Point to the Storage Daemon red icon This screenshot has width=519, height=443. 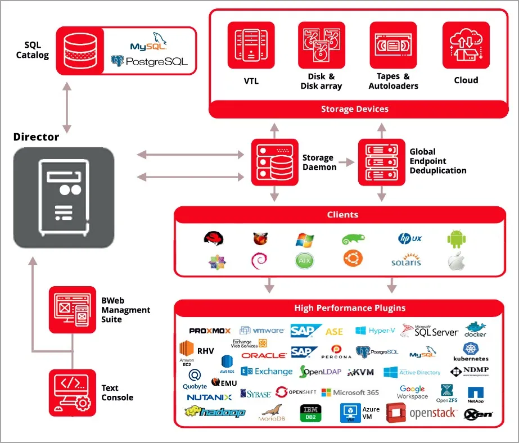point(274,162)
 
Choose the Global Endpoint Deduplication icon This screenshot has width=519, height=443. point(381,162)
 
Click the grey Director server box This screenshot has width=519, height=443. point(64,198)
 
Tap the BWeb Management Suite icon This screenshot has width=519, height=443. point(73,310)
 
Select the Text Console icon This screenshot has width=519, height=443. point(73,392)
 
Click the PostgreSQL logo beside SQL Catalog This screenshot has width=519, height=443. point(150,61)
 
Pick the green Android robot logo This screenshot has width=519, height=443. point(457,238)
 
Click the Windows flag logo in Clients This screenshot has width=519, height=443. point(304,239)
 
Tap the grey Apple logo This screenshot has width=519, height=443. point(458,261)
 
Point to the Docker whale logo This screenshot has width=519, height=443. point(476,330)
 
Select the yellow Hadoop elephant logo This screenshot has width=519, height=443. point(215,412)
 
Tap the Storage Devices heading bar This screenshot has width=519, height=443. point(355,109)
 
